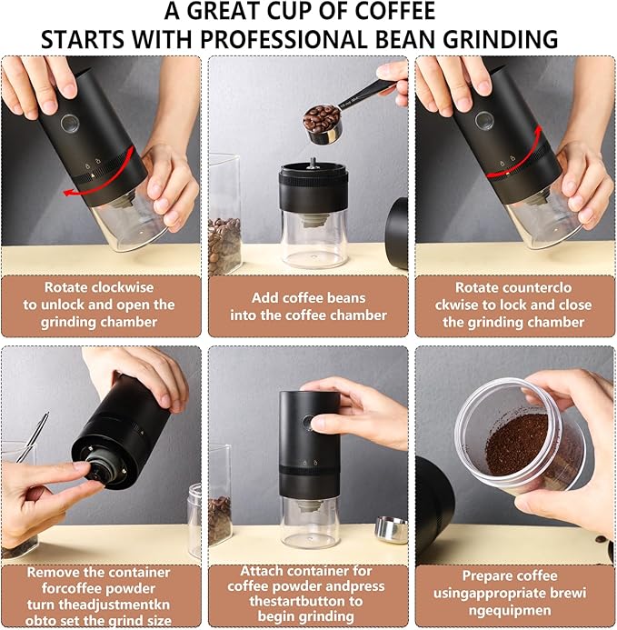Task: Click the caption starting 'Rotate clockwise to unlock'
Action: pos(100,305)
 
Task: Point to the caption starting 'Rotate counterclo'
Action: pos(514,305)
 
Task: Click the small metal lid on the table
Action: pos(391,530)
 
